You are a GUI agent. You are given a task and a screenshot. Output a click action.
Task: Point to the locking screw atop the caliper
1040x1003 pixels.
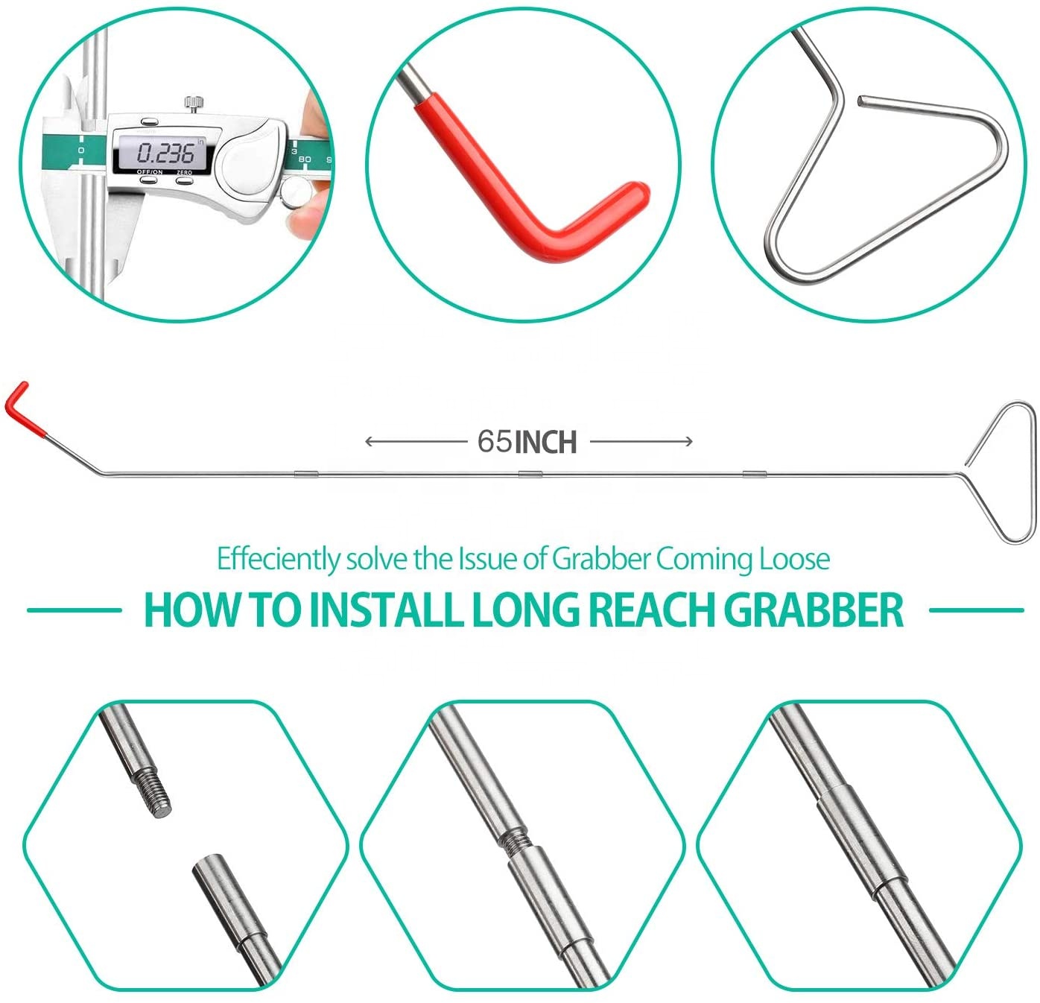coord(194,101)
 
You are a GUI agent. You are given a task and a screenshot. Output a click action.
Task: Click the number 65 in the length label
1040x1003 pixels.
coord(495,441)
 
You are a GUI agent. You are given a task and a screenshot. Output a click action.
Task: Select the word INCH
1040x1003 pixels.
coord(546,442)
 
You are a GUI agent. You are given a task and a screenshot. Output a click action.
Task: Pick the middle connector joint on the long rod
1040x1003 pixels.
coord(530,473)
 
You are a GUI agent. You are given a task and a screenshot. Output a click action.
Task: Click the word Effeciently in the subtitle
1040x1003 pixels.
coord(278,559)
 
